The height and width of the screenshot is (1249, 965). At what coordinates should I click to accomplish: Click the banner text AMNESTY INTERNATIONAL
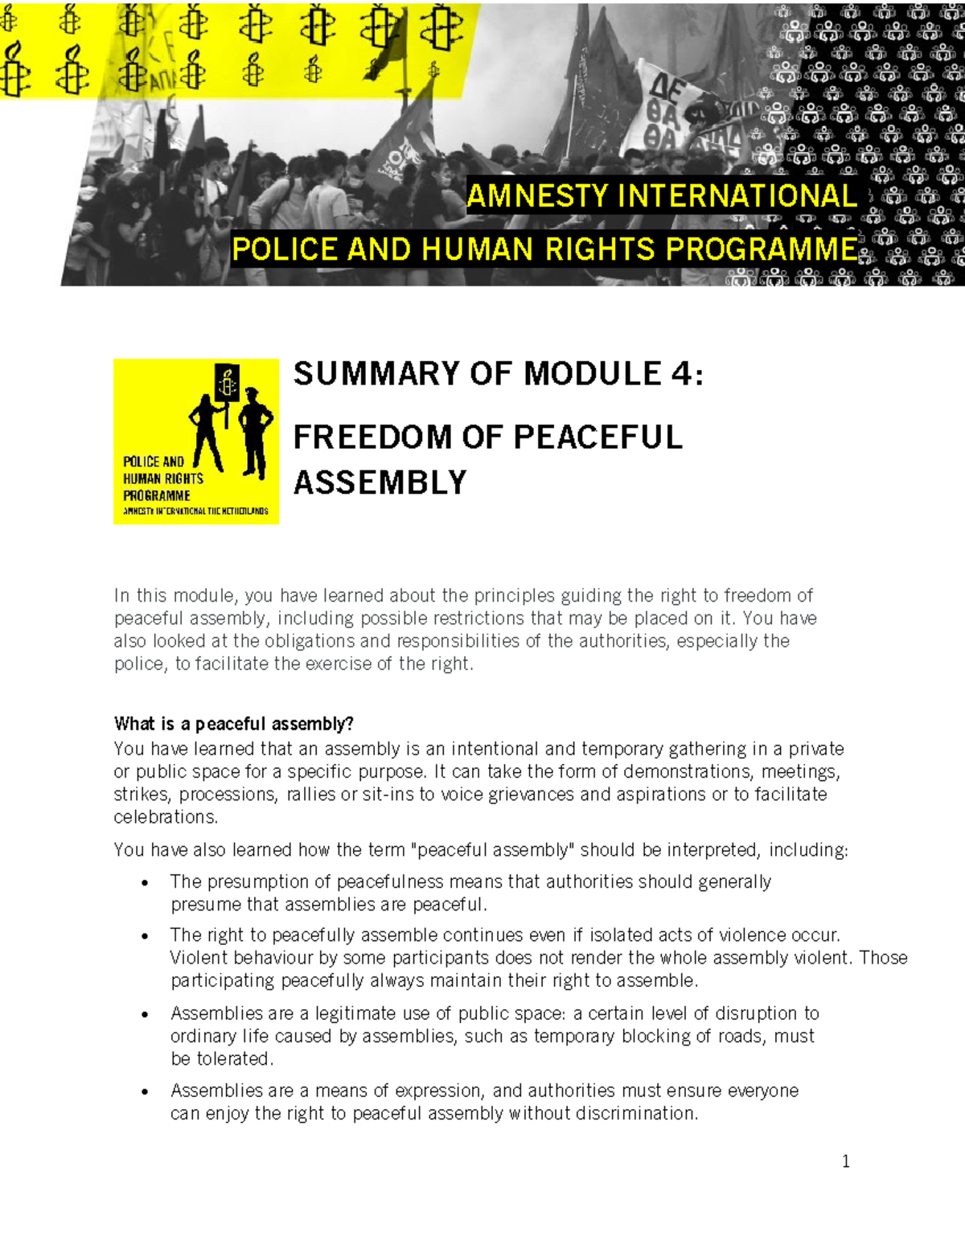click(661, 196)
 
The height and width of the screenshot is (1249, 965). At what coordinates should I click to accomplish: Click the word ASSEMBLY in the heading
click(380, 483)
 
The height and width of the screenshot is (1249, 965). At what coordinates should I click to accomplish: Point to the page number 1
click(845, 1161)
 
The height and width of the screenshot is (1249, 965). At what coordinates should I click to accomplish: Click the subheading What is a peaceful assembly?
click(233, 724)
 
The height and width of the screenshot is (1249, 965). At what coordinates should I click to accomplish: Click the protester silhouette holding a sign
click(207, 434)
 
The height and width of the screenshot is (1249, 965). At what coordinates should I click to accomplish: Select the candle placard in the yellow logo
click(228, 384)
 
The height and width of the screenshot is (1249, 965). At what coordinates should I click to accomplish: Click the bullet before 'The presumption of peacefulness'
click(145, 883)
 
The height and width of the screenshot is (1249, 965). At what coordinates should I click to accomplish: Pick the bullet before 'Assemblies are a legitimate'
click(145, 1014)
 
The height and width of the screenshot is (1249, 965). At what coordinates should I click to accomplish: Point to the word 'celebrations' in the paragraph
click(165, 817)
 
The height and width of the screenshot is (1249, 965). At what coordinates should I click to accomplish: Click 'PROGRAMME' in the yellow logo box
click(157, 496)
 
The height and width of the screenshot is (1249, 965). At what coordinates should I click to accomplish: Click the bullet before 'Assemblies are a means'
click(145, 1092)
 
